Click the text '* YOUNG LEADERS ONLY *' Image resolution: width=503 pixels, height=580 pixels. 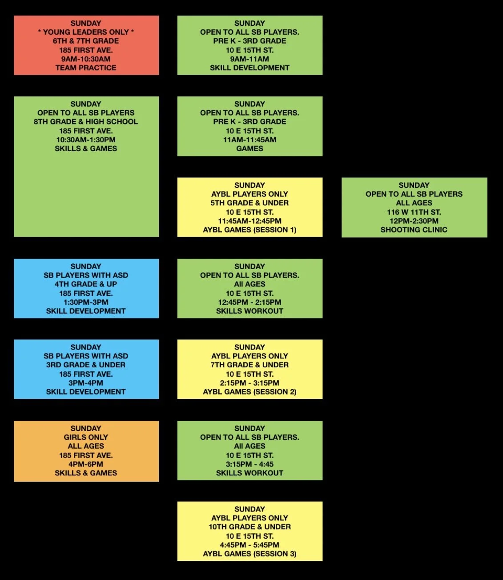86,32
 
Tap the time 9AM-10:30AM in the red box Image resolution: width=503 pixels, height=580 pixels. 86,59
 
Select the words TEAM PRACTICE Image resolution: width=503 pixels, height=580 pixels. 86,68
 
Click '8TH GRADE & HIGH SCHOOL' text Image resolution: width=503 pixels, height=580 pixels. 86,121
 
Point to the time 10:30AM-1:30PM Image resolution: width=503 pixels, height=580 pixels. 86,140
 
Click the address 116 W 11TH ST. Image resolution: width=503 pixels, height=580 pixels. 414,212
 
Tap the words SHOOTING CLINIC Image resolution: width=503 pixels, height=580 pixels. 414,230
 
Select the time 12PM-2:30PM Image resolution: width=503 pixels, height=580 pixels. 414,221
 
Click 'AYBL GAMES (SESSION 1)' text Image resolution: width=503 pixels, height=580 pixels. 249,230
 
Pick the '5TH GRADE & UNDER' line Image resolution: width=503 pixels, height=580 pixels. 249,203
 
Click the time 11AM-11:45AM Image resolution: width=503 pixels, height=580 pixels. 249,140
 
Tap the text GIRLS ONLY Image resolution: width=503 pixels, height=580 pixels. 86,437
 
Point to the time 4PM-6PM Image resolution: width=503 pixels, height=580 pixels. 86,464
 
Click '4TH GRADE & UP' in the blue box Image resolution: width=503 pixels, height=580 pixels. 86,284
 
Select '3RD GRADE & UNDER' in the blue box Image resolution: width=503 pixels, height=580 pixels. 86,365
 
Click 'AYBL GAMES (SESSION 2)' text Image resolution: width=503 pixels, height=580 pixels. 249,392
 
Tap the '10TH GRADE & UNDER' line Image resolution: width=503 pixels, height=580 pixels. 249,527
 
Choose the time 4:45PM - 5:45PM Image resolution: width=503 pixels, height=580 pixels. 249,545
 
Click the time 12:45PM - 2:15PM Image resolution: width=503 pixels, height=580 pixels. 249,302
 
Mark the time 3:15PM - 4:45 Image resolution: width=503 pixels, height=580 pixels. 249,464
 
